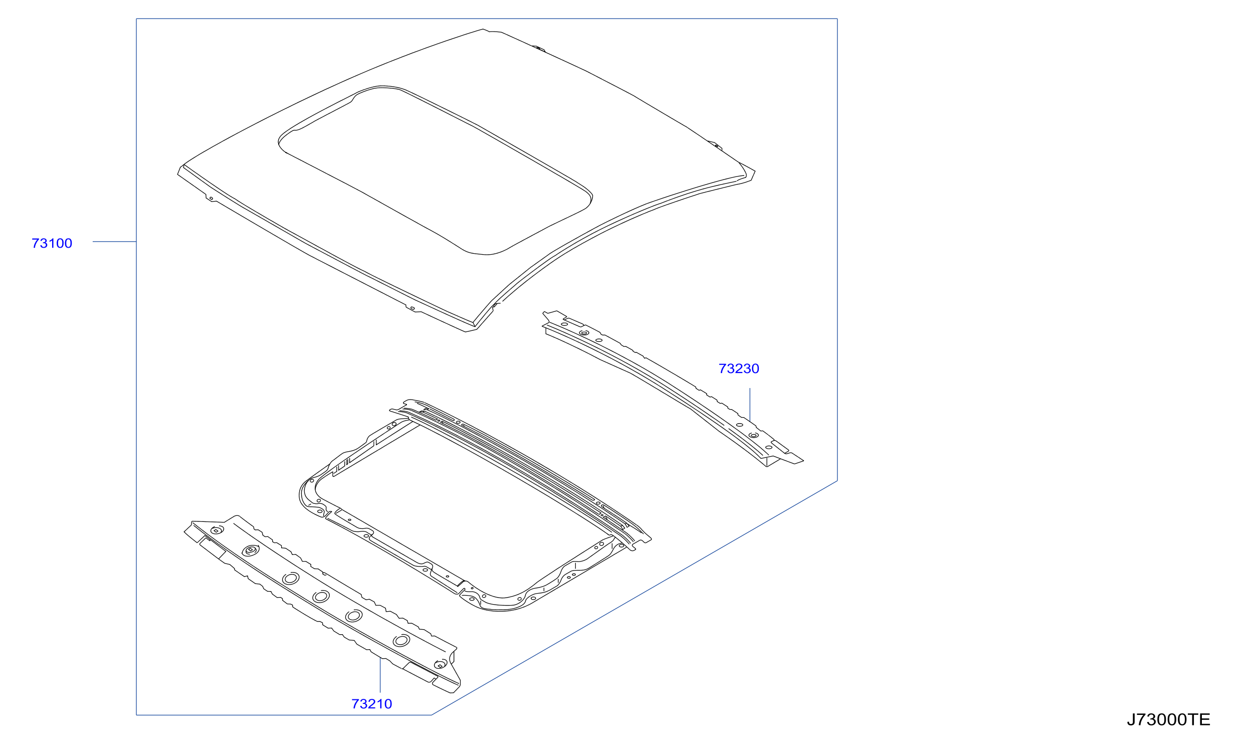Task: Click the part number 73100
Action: coord(52,244)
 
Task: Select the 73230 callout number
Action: coord(739,369)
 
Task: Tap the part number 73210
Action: coord(372,704)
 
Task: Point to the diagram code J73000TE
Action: coord(1169,720)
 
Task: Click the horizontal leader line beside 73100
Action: coord(114,242)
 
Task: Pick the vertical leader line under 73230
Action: coord(750,405)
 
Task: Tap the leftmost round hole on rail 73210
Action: coord(217,530)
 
